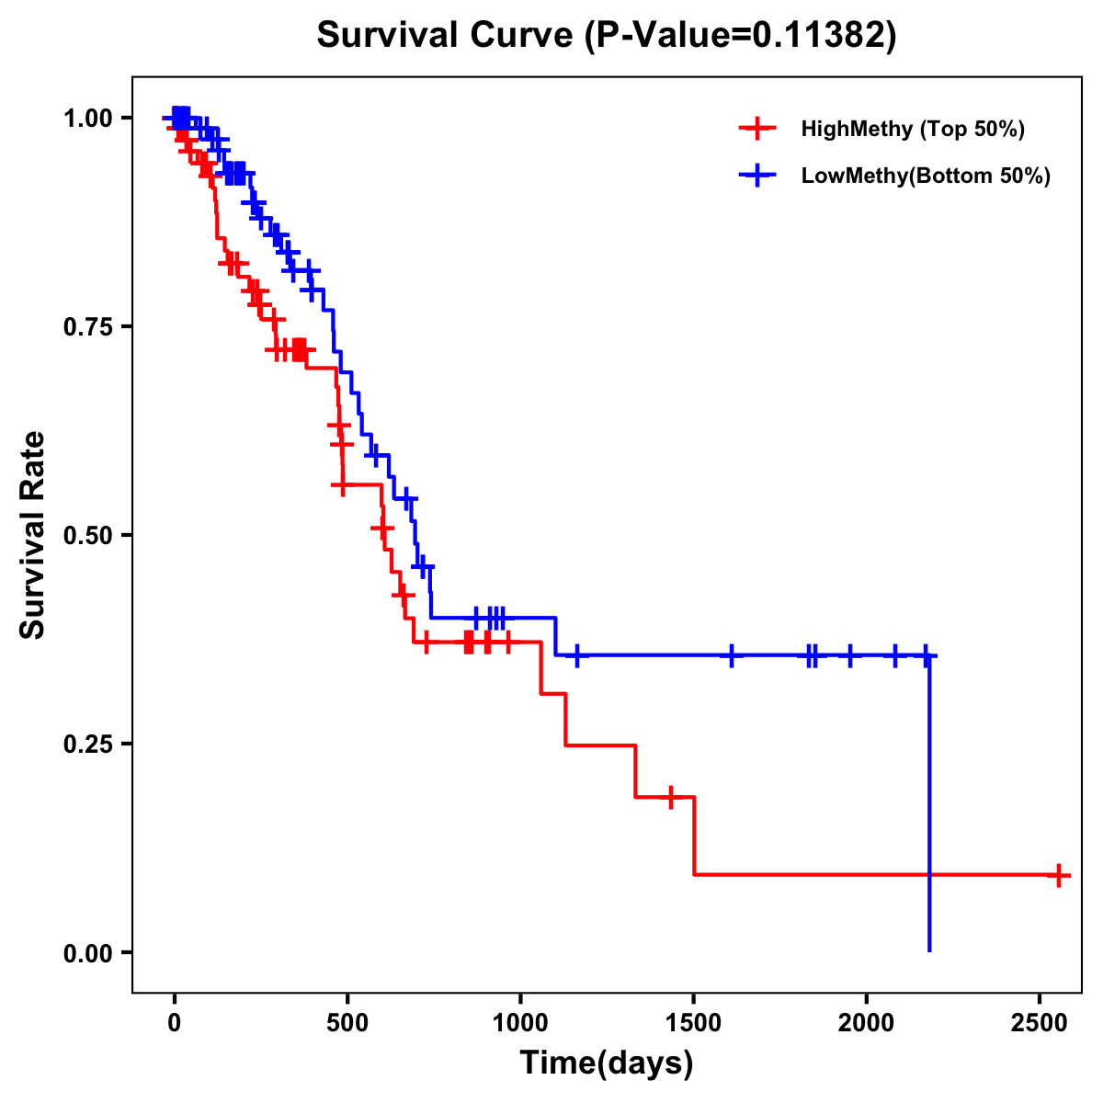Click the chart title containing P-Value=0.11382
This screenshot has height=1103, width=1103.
point(607,36)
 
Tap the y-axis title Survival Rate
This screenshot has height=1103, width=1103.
point(33,535)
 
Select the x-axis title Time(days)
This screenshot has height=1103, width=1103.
point(607,1063)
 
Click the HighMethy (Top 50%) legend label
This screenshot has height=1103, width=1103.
point(913,129)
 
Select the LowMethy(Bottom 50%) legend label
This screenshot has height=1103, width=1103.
point(926,176)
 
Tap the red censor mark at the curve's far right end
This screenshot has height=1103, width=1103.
point(1059,875)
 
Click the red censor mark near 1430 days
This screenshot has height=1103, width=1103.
point(671,797)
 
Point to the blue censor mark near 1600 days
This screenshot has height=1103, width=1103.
point(732,655)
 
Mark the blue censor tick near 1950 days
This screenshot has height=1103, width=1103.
point(849,655)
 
